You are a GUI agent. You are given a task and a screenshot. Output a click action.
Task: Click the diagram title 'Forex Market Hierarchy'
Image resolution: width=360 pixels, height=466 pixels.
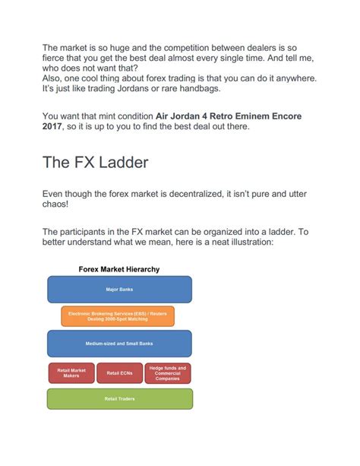tap(119, 269)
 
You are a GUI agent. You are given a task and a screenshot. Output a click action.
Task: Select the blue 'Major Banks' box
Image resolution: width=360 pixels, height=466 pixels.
tap(119, 290)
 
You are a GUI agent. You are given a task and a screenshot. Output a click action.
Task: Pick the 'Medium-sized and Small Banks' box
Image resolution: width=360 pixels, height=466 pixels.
tap(119, 344)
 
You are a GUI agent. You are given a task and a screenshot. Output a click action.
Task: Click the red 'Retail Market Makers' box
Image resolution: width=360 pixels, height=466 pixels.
tap(71, 372)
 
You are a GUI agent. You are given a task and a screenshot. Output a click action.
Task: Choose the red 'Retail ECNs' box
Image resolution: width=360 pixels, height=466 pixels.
tap(119, 372)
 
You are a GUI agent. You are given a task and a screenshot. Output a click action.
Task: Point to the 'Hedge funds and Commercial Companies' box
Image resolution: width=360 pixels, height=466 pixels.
tap(167, 372)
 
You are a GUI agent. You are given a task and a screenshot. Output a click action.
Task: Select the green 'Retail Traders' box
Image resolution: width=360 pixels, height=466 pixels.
tap(119, 398)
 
